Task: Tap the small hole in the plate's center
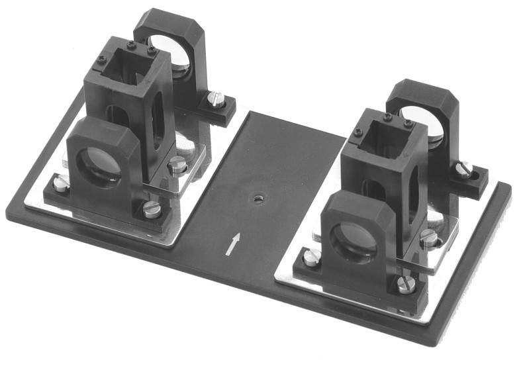(256, 197)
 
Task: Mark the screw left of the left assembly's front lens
(60, 183)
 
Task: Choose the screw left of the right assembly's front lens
(311, 257)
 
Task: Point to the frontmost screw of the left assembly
(152, 209)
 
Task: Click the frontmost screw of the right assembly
(406, 285)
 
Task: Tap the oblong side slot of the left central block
(158, 120)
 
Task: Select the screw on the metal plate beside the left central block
(177, 165)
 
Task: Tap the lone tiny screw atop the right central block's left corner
(358, 132)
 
